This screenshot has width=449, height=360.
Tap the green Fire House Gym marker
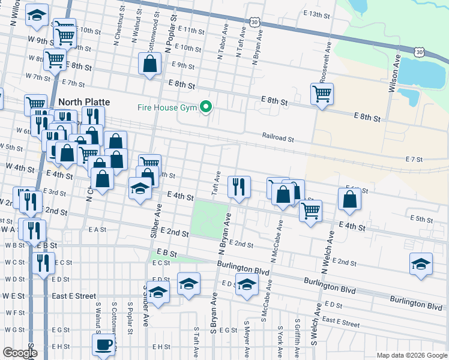click(x=206, y=108)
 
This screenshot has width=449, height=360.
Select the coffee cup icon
click(x=103, y=345)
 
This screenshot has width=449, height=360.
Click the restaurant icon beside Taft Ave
click(x=239, y=187)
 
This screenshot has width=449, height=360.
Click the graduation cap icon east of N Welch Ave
click(x=421, y=264)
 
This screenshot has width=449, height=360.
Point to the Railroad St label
click(x=278, y=138)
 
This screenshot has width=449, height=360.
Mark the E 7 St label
click(x=414, y=160)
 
